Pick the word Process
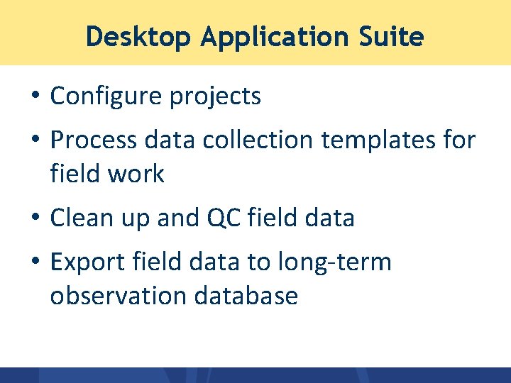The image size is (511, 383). click(94, 140)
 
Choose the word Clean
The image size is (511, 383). click(82, 218)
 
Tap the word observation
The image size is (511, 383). click(114, 295)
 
